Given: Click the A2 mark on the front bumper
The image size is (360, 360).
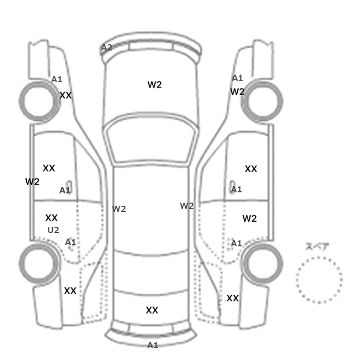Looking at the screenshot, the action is (107, 47).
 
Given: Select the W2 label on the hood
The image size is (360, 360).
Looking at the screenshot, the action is (154, 85).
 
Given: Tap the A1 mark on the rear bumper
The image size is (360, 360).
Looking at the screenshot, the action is (153, 345).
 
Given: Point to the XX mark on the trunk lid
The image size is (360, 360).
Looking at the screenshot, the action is (152, 310).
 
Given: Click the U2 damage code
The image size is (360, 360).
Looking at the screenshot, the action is (53, 230).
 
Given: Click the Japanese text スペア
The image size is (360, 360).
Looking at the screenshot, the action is (317, 246).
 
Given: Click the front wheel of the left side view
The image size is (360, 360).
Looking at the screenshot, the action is (39, 101).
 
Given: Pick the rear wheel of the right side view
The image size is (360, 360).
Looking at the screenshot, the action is (262, 263).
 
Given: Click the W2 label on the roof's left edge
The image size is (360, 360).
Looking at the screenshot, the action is (119, 209).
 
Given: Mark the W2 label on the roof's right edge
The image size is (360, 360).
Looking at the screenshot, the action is (187, 206).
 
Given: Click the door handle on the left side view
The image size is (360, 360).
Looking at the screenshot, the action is (68, 185).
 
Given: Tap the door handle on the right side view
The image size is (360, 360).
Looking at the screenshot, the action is (232, 185).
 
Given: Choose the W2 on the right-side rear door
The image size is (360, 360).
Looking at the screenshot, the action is (249, 219).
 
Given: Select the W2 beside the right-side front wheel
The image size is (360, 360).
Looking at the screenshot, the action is (237, 92).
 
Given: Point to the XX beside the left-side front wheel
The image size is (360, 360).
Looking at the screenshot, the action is (65, 95).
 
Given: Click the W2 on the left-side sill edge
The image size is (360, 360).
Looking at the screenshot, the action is (32, 182).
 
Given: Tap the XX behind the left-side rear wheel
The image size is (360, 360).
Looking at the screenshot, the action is (70, 291).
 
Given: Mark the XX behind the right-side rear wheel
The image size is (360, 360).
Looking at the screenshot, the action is (232, 298).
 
